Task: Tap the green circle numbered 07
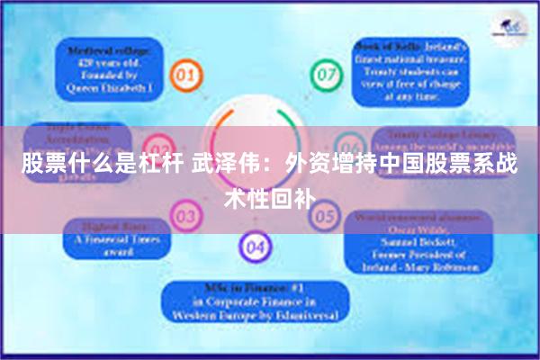click(x=325, y=74)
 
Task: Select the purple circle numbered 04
click(x=254, y=244)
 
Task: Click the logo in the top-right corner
click(x=510, y=31)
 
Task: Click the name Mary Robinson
click(x=445, y=266)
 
